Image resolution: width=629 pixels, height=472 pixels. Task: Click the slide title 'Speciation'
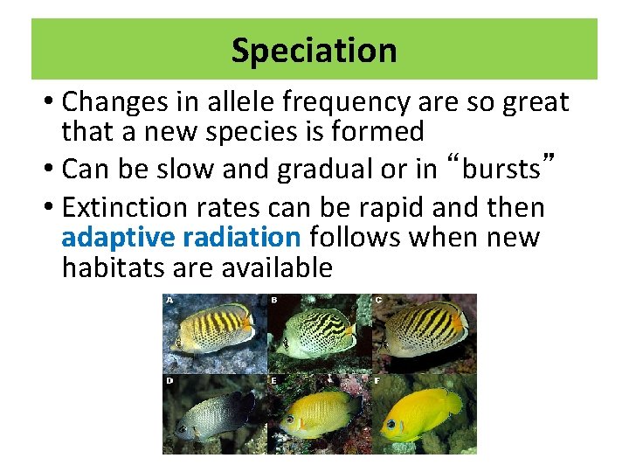[x=314, y=50]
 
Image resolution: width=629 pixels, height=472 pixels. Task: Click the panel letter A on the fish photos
[x=169, y=300]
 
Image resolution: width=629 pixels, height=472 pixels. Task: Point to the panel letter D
[x=169, y=381]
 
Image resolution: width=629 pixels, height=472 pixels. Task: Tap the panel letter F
[x=378, y=381]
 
